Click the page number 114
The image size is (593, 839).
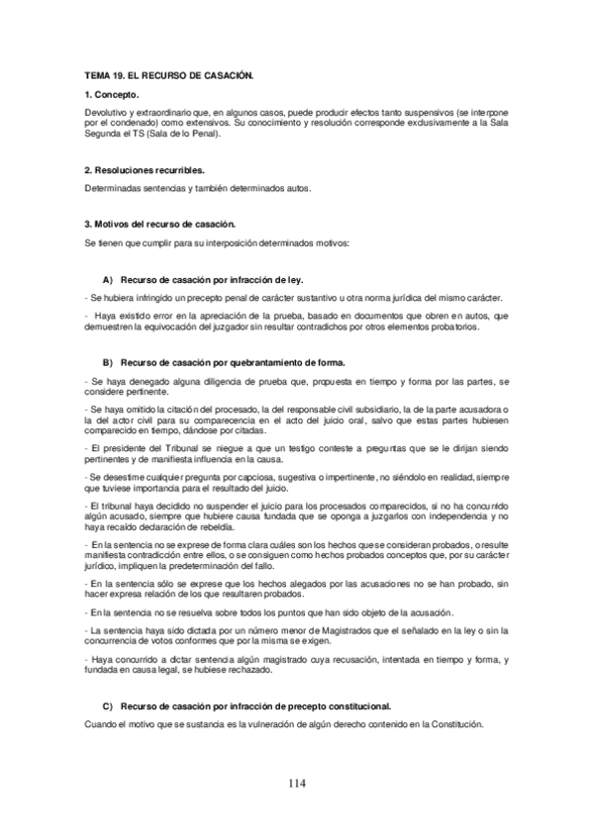point(297,785)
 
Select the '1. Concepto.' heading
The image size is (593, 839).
point(111,96)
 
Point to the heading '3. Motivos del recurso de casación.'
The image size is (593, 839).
point(159,225)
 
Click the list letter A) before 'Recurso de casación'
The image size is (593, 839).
point(108,280)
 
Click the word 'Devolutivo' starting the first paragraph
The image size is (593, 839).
point(106,116)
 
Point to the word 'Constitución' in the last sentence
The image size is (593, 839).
point(455,723)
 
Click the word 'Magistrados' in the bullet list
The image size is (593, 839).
point(321,630)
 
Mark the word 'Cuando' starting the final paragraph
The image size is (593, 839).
point(100,723)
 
